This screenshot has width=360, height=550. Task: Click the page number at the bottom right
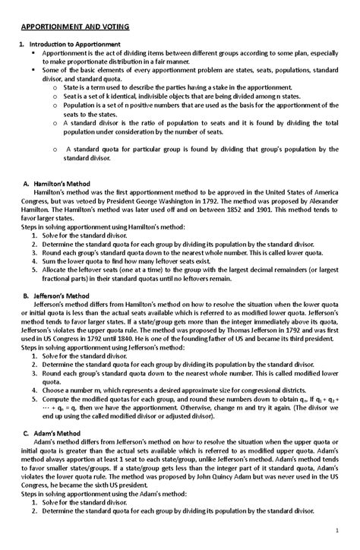[346, 529]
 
